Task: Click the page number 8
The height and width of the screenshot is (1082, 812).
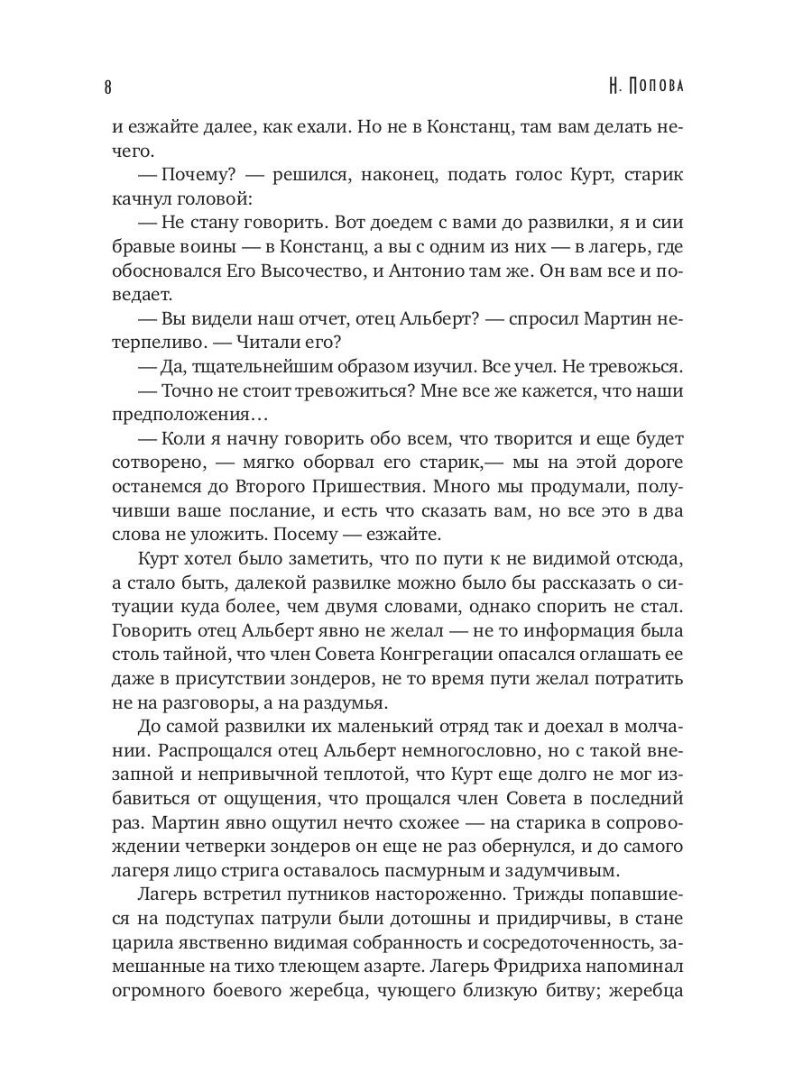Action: click(108, 87)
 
